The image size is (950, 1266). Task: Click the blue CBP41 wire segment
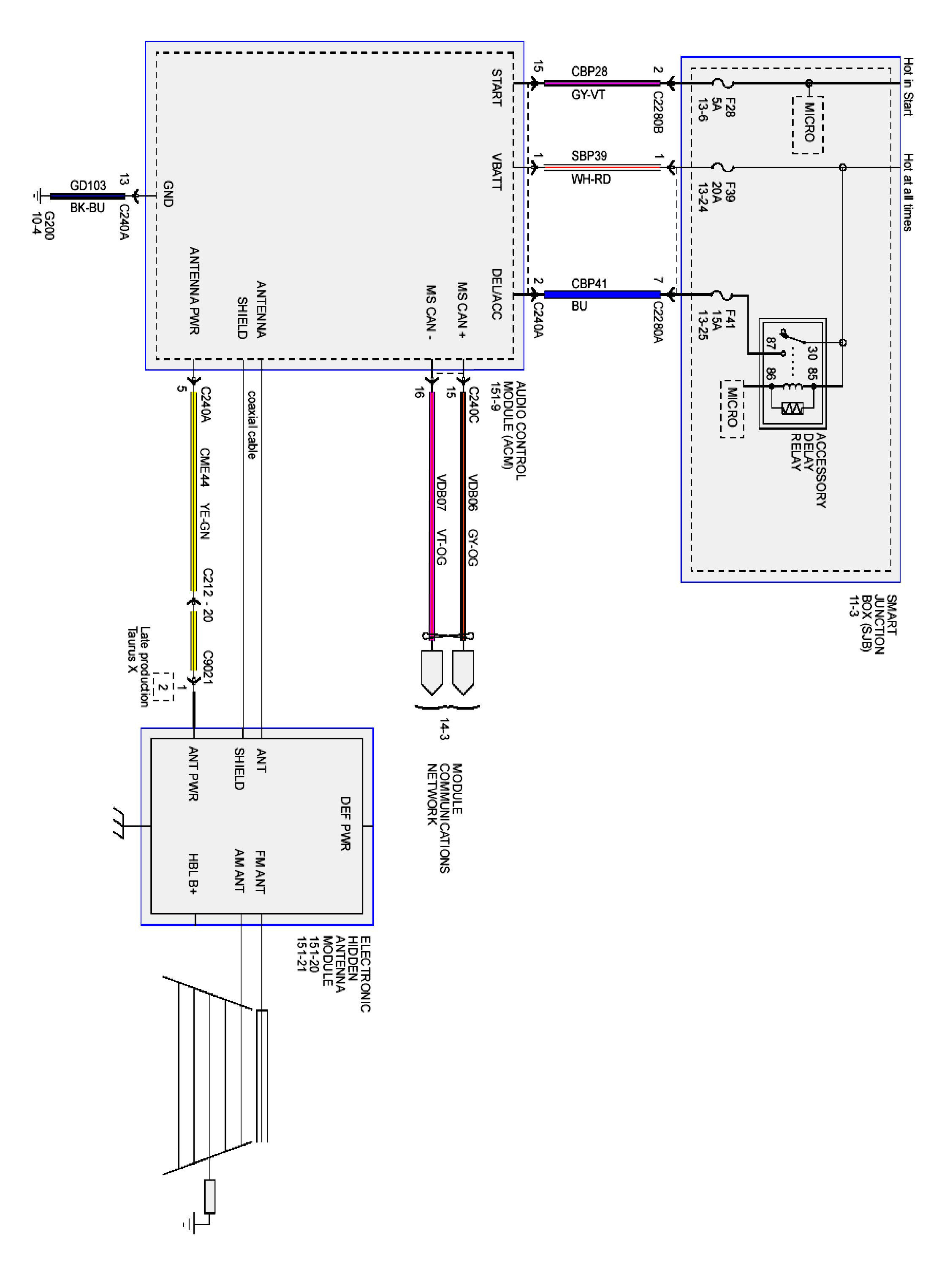[x=601, y=294]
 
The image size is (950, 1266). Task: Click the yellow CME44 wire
[x=193, y=487]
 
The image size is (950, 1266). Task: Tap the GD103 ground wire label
[x=88, y=185]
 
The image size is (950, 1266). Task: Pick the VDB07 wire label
[x=441, y=492]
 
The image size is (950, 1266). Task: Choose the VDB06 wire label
[x=473, y=492]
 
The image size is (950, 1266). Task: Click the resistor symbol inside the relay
[x=793, y=408]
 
